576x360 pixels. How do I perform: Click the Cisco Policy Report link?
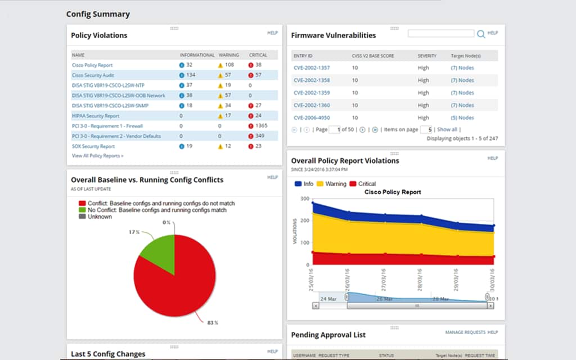pos(92,65)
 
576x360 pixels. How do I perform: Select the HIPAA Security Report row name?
pos(95,116)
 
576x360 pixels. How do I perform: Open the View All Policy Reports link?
pos(97,156)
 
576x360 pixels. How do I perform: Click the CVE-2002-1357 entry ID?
pos(312,68)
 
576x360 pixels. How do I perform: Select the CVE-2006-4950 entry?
pos(312,118)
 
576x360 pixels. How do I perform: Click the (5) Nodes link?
pos(462,118)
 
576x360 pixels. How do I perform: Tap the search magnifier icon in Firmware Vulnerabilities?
pos(481,34)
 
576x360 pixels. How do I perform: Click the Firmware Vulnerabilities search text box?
pos(441,34)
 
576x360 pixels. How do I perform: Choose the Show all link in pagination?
pos(447,129)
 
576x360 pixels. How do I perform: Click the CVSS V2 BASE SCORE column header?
pos(372,56)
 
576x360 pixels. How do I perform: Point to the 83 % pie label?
pos(213,323)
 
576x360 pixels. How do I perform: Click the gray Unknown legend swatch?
pos(82,217)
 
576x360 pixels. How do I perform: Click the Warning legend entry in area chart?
pos(332,184)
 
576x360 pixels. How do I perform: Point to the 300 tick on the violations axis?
pos(305,199)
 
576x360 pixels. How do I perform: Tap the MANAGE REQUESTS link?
pos(465,332)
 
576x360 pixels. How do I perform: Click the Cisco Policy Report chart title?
pos(393,192)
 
